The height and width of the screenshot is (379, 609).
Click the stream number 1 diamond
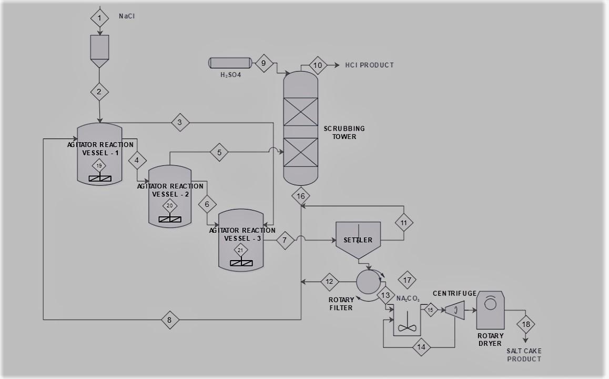99,18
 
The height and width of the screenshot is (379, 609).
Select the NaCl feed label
127,16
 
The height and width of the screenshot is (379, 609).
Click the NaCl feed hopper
99,50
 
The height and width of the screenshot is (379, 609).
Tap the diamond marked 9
263,64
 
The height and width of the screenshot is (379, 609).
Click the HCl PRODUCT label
369,65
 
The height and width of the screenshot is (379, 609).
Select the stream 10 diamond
318,65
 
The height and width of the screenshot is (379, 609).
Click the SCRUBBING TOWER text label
344,133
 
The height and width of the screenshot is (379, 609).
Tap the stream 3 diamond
180,123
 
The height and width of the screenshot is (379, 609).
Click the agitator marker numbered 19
99,166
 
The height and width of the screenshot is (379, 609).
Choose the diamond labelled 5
219,153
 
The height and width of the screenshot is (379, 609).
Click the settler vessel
358,240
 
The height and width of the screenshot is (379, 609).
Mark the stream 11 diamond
404,223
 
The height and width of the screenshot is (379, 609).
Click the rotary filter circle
367,282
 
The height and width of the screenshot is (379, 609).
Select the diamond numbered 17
407,280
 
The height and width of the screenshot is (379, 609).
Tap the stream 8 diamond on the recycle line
170,320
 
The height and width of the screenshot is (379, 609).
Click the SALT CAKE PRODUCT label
524,355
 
